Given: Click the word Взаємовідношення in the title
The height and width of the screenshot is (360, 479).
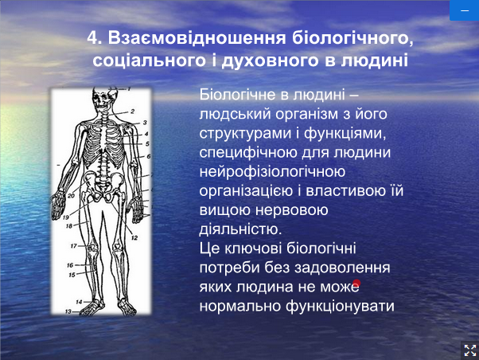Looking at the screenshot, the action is pyautogui.click(x=197, y=38).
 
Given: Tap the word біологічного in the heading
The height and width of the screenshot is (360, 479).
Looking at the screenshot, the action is pyautogui.click(x=352, y=39).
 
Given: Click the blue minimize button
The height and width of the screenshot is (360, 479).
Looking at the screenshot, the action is pyautogui.click(x=465, y=10).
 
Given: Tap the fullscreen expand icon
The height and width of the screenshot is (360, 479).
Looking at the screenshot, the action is pyautogui.click(x=470, y=350).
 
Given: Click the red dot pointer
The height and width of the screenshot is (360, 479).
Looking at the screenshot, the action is pyautogui.click(x=356, y=283).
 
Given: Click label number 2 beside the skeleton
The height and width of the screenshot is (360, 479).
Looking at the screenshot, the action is pyautogui.click(x=133, y=112).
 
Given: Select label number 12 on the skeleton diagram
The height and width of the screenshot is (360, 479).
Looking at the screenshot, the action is pyautogui.click(x=134, y=237).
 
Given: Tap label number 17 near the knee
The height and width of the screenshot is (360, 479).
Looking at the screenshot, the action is pyautogui.click(x=74, y=245).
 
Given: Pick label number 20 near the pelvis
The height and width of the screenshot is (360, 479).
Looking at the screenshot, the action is pyautogui.click(x=71, y=196).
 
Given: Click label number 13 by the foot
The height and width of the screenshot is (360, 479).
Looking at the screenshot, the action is pyautogui.click(x=68, y=311).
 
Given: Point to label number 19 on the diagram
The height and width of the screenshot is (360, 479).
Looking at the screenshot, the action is pyautogui.click(x=66, y=217).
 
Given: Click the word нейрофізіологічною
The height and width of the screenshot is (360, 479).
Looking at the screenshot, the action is pyautogui.click(x=272, y=171).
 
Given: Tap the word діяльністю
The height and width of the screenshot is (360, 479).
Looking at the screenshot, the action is pyautogui.click(x=240, y=229).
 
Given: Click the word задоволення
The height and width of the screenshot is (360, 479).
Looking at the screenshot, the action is pyautogui.click(x=342, y=268).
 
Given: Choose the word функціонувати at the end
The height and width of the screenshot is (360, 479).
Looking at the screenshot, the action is pyautogui.click(x=340, y=307).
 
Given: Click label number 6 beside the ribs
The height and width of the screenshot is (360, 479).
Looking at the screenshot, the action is pyautogui.click(x=149, y=156).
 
